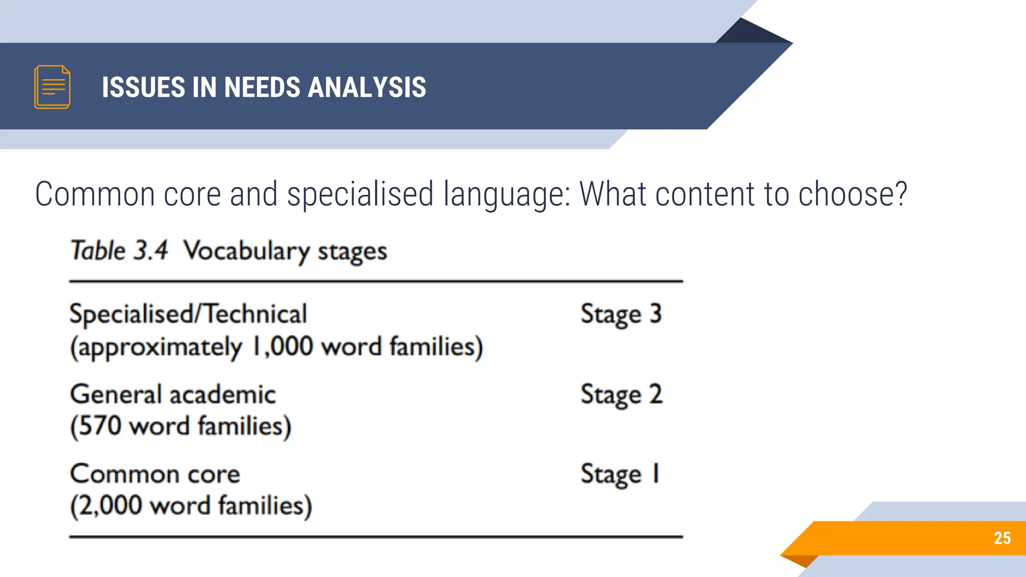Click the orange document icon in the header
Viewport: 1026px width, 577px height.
[52, 87]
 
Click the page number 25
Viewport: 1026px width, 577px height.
[1002, 538]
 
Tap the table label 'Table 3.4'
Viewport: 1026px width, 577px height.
[119, 250]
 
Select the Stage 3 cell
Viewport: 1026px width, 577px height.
[621, 315]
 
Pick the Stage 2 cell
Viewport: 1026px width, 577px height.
[621, 395]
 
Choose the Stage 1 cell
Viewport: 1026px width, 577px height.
[620, 474]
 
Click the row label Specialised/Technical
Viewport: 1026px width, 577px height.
[188, 315]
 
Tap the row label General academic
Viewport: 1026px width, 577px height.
[173, 395]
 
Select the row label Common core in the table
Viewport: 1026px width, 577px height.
[155, 474]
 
